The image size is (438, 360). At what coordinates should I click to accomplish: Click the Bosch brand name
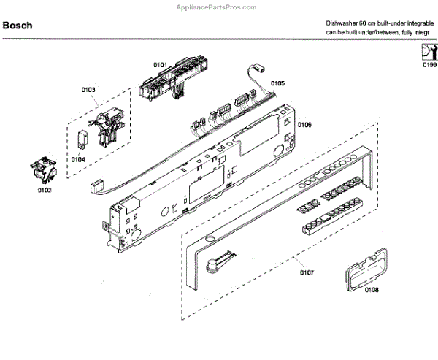coord(18,26)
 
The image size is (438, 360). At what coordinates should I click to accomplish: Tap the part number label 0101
coord(160,65)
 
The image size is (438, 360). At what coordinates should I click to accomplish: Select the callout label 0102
coord(45,191)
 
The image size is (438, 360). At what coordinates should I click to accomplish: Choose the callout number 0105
coord(277,84)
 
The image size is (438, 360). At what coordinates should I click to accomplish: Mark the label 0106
coord(305,125)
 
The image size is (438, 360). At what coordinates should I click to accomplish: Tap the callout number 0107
coord(307,272)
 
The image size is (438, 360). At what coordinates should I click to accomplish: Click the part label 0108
coord(371,290)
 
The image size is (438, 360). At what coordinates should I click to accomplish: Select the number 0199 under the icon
coord(429,65)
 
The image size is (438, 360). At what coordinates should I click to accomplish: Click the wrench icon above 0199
coord(429,51)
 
